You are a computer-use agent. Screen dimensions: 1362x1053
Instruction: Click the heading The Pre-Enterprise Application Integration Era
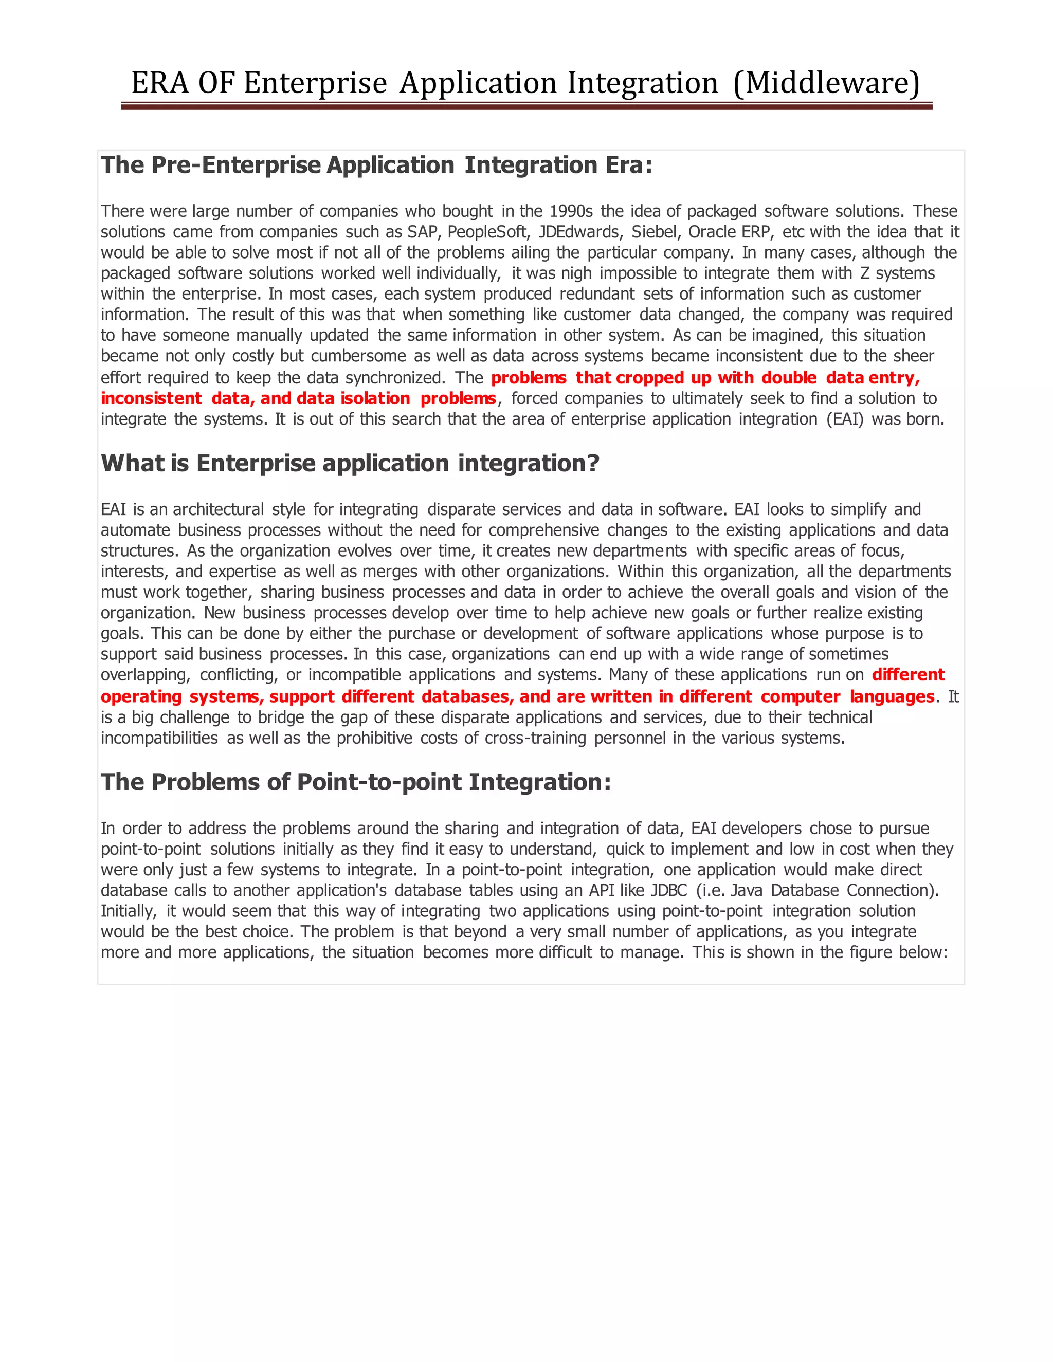(x=376, y=165)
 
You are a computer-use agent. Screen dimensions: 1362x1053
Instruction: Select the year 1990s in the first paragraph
(x=570, y=211)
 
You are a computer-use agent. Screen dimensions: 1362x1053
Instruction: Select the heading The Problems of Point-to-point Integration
(x=356, y=782)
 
